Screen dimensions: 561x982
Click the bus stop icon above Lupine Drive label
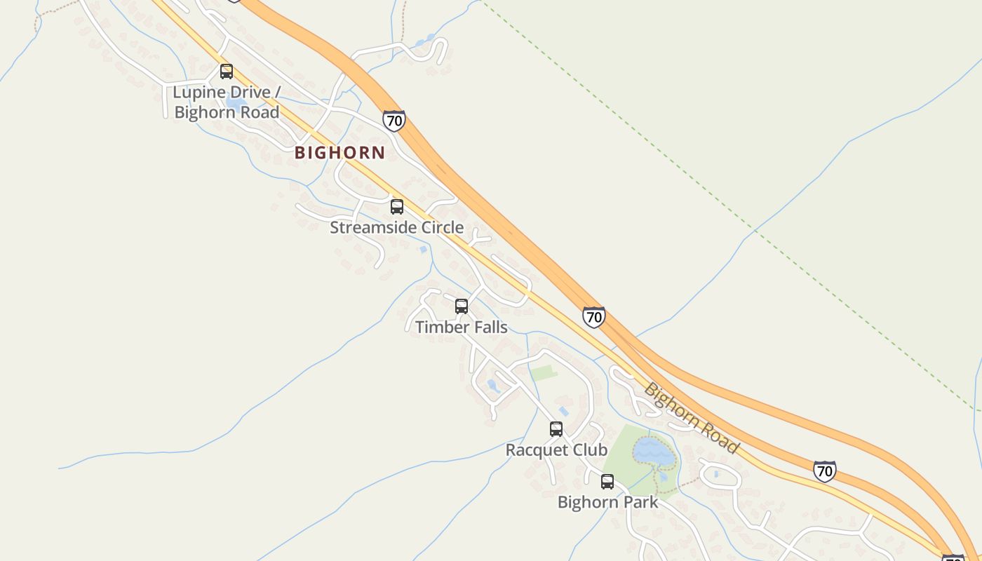[227, 71]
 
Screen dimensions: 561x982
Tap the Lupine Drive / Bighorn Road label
[227, 102]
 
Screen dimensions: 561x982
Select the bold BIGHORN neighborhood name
[339, 152]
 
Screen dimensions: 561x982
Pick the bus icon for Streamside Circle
[397, 206]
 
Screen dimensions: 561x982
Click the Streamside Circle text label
[396, 227]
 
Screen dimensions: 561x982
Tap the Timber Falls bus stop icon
[462, 306]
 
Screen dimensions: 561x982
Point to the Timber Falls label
[461, 327]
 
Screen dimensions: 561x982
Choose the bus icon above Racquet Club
[556, 428]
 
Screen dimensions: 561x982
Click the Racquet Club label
[556, 450]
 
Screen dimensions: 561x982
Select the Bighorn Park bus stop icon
[607, 482]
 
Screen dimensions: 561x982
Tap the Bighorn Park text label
[607, 502]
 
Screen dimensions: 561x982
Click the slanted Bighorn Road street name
[692, 419]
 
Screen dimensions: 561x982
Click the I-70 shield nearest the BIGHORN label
[394, 121]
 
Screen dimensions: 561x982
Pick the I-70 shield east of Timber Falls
[593, 317]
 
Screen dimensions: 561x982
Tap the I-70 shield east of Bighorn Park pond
[825, 471]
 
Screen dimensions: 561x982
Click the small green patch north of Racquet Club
[544, 372]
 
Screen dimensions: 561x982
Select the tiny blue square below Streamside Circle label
[423, 249]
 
